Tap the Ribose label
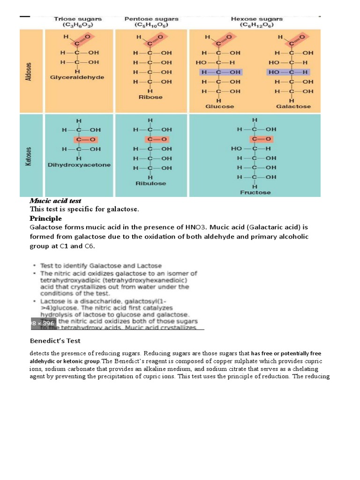pos(150,97)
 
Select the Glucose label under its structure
pos(219,106)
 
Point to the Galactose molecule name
pos(293,106)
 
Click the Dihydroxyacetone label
pos(79,165)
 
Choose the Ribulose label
pos(150,183)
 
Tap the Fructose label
pos(255,192)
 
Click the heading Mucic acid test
pos(55,201)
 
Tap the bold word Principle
pos(45,218)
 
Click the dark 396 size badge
pos(43,323)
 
